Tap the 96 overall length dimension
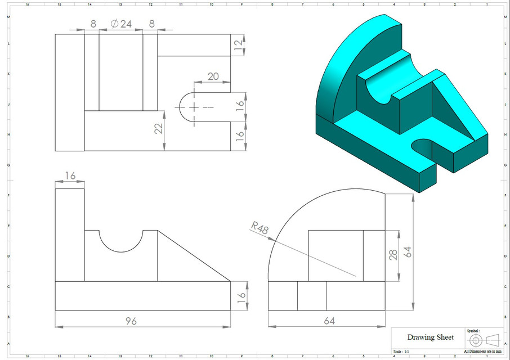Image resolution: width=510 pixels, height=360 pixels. point(130,321)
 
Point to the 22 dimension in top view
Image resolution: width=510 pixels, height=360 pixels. point(158,129)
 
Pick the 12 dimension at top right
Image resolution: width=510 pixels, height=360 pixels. point(239,44)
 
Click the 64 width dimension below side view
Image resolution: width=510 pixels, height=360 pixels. point(329,321)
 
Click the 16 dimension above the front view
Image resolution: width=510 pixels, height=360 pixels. point(70,176)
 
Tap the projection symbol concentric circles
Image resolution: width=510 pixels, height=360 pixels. point(475,340)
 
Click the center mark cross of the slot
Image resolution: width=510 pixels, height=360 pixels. point(194,106)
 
